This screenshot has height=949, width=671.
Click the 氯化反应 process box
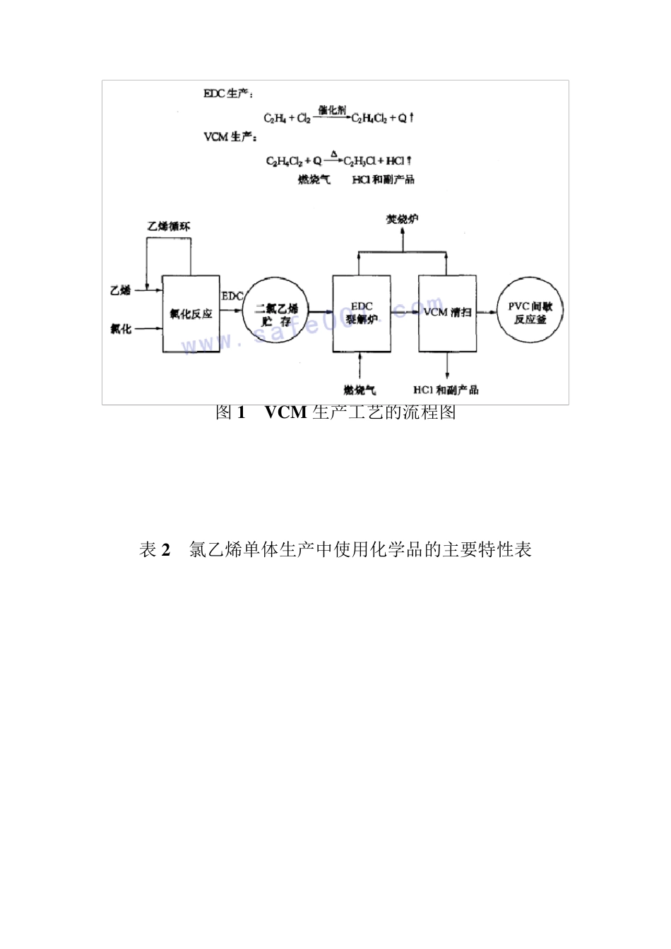pos(191,314)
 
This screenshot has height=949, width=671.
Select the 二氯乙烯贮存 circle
pos(276,315)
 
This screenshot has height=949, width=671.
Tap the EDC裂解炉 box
pos(362,314)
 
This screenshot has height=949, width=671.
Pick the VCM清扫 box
pos(447,314)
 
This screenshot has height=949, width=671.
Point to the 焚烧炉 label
pos(402,219)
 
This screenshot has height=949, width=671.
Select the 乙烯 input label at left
pos(121,289)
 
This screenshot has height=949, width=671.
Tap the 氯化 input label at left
pos(121,328)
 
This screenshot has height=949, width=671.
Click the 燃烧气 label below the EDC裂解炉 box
pos(361,390)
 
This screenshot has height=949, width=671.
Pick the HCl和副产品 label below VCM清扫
pos(446,390)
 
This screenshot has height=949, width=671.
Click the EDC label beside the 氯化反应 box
pos(232,294)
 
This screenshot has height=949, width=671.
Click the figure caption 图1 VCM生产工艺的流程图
pos(335,412)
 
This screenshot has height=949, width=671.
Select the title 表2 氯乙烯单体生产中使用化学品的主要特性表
pos(335,550)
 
